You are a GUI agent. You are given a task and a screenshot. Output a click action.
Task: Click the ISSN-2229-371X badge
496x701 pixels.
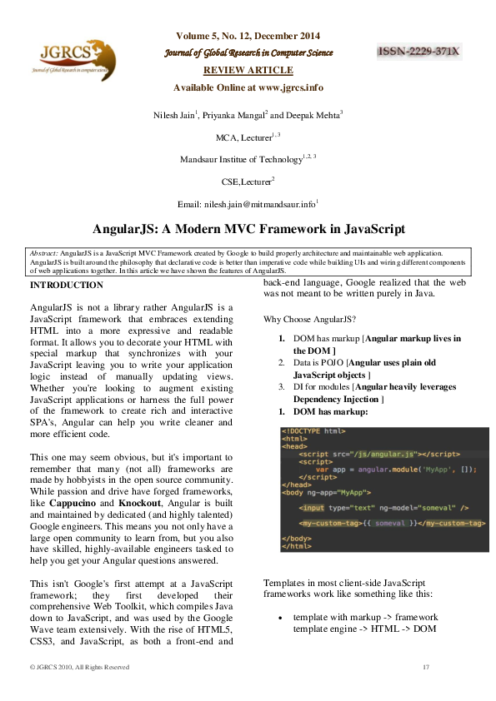click(x=419, y=52)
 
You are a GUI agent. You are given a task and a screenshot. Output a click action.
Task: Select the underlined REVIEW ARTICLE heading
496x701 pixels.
click(x=248, y=70)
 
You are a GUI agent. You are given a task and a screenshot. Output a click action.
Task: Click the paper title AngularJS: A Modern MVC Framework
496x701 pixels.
click(x=248, y=228)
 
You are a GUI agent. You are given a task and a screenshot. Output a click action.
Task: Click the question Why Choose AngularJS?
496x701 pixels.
click(x=309, y=320)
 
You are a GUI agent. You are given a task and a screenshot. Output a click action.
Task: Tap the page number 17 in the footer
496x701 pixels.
click(x=425, y=667)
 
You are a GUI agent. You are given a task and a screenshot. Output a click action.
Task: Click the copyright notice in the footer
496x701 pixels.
click(x=79, y=667)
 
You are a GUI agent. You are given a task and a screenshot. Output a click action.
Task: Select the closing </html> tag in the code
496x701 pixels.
click(x=297, y=546)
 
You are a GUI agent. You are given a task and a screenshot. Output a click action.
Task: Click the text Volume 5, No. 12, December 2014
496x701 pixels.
click(x=248, y=36)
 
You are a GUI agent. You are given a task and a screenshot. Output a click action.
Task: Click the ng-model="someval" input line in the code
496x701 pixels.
click(x=384, y=507)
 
